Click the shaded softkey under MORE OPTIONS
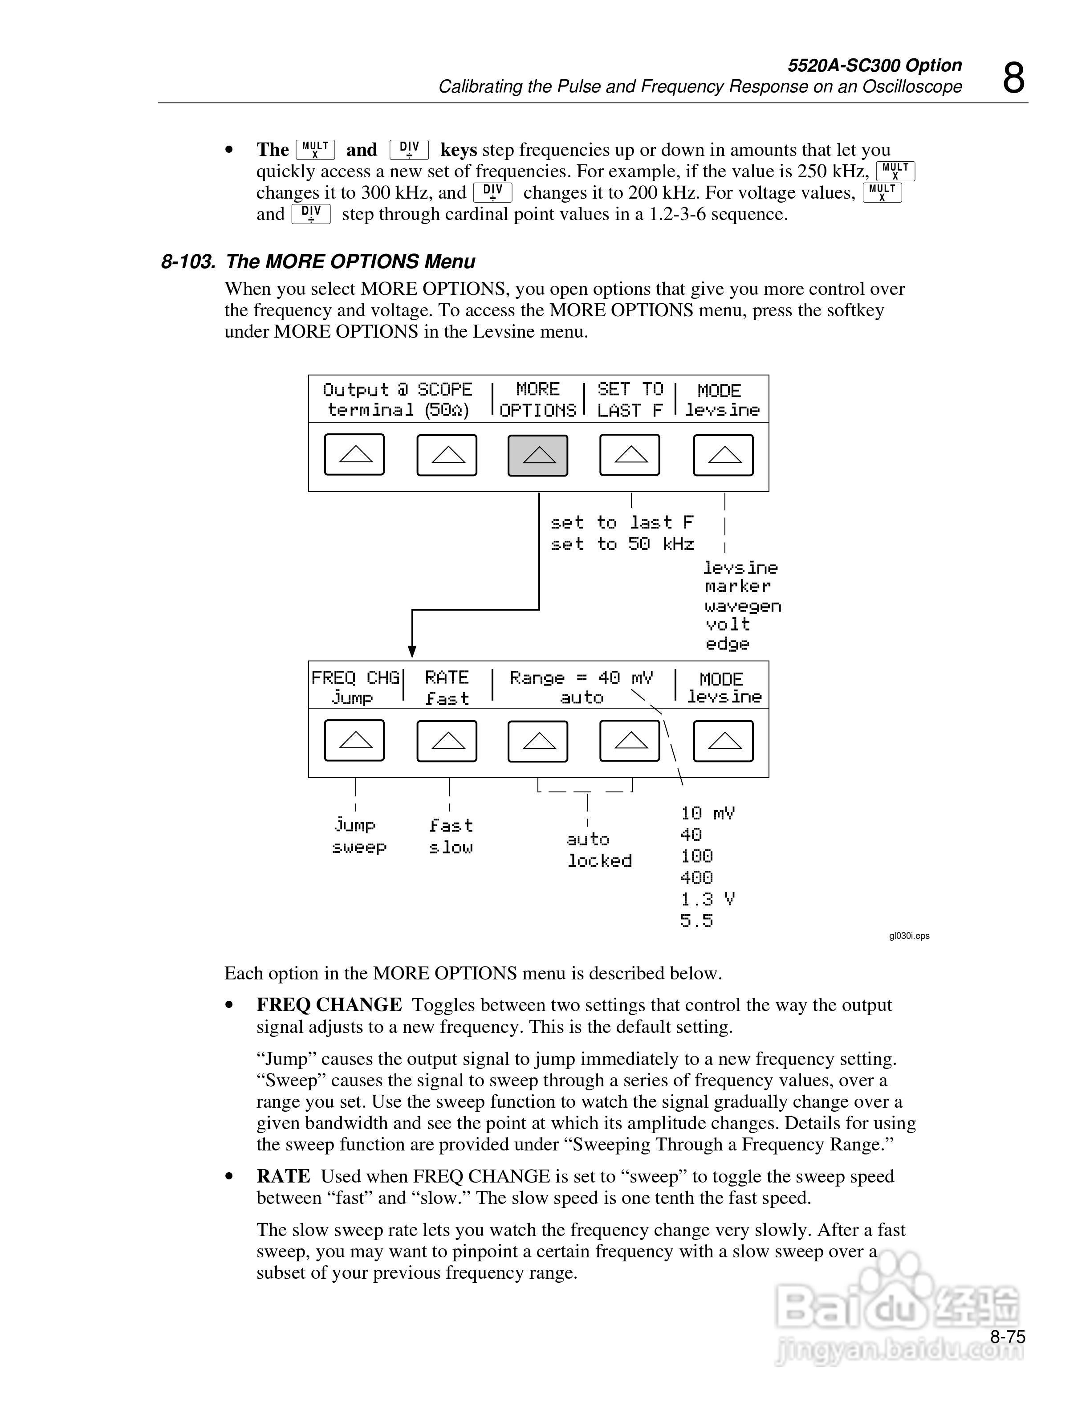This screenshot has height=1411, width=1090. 538,456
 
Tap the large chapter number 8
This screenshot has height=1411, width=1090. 1013,79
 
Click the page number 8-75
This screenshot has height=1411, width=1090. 1007,1337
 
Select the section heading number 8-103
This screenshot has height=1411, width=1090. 188,261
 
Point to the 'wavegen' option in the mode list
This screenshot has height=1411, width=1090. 743,606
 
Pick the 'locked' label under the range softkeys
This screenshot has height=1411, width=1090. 599,860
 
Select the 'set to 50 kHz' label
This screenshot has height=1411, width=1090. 622,544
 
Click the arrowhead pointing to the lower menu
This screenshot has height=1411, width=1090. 412,651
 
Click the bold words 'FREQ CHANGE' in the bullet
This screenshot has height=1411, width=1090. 329,1005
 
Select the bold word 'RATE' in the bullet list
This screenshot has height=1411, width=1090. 283,1176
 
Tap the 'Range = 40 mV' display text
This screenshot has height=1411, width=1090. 581,678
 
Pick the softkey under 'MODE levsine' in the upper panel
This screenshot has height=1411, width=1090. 723,456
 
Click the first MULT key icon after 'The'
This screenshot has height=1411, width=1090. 315,150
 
